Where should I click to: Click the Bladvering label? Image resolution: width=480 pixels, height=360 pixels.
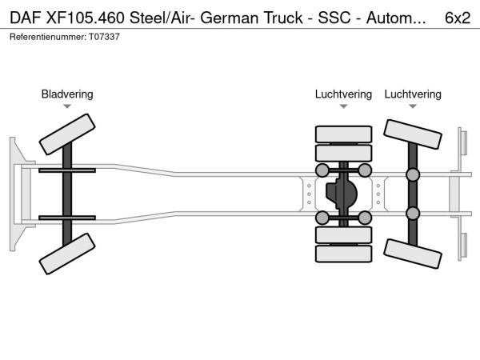click(x=67, y=94)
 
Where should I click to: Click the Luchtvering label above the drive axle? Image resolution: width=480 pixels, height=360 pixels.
click(x=343, y=94)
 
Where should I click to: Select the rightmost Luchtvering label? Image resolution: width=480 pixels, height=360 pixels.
click(x=413, y=94)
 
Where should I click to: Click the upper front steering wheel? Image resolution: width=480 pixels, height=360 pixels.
click(x=67, y=132)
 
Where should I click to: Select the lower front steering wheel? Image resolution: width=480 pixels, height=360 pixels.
click(x=67, y=258)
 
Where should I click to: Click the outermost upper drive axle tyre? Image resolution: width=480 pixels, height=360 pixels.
click(x=343, y=134)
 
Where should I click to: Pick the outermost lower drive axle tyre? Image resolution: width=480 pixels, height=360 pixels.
click(x=343, y=254)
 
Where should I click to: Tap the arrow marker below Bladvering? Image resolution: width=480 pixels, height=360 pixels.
click(x=67, y=106)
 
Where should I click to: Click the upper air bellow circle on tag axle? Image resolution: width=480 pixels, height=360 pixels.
click(x=413, y=175)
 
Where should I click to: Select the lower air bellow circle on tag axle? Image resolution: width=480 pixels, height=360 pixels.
click(x=413, y=214)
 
